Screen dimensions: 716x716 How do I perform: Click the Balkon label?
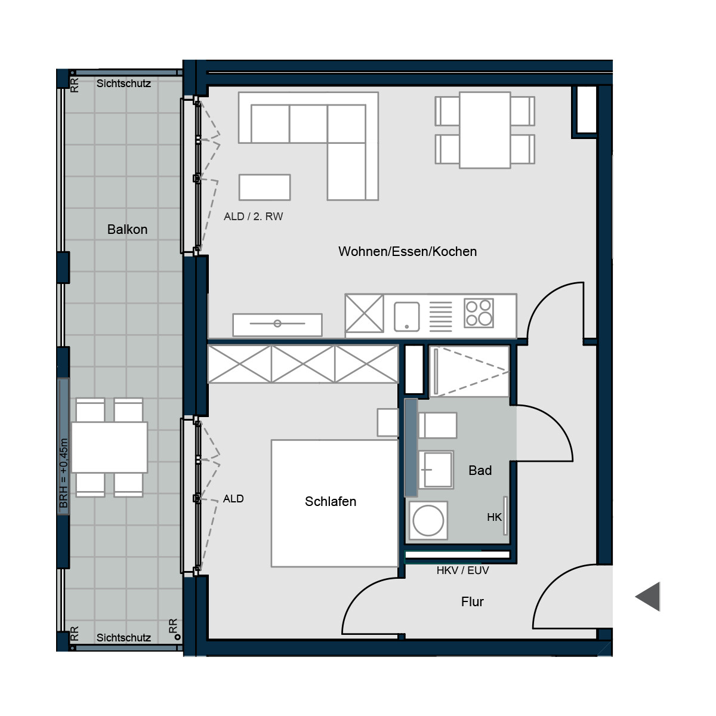127,229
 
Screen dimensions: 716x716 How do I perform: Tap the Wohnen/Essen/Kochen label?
408,252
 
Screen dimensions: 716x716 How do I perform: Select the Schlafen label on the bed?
331,501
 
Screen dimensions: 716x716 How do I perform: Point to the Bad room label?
480,470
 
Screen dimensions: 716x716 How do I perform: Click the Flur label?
472,601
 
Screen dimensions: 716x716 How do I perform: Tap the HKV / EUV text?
462,570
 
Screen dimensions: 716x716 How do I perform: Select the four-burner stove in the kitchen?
479,313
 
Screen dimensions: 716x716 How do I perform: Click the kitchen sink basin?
406,316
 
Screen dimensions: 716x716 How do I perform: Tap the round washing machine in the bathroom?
428,520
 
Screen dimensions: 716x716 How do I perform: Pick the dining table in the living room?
484,130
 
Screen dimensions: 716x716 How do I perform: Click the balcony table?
109,447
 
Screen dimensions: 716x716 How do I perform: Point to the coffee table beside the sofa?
264,187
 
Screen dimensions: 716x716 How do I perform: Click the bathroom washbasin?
436,470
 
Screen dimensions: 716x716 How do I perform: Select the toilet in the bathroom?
438,425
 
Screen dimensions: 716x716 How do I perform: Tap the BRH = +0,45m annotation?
63,473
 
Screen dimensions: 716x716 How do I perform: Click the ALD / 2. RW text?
253,216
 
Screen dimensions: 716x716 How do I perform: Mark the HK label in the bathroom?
494,517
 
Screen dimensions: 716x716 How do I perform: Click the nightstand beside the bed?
388,422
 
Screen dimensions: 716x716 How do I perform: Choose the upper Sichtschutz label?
124,83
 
